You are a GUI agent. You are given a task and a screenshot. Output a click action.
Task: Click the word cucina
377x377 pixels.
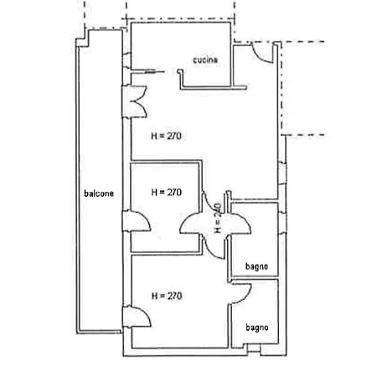(x=205, y=59)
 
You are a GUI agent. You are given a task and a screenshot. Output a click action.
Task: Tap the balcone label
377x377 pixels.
(x=99, y=194)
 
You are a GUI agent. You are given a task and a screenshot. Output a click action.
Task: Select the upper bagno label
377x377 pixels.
(x=256, y=266)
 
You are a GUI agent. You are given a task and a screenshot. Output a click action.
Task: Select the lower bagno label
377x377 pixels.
(x=257, y=328)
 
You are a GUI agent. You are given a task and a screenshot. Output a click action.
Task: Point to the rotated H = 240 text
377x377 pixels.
(x=218, y=218)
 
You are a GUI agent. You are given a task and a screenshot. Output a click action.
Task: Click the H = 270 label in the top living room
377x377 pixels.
(x=167, y=136)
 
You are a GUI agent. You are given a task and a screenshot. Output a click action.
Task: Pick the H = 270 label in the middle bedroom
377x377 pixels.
(x=167, y=192)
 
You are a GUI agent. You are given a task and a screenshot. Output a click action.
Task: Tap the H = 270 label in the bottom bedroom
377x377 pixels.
(x=167, y=296)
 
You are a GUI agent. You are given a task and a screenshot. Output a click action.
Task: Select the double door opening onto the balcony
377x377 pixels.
(x=137, y=101)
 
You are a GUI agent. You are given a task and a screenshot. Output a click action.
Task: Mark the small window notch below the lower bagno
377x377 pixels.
(x=254, y=349)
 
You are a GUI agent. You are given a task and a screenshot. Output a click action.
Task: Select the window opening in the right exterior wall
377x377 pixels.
(x=282, y=173)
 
